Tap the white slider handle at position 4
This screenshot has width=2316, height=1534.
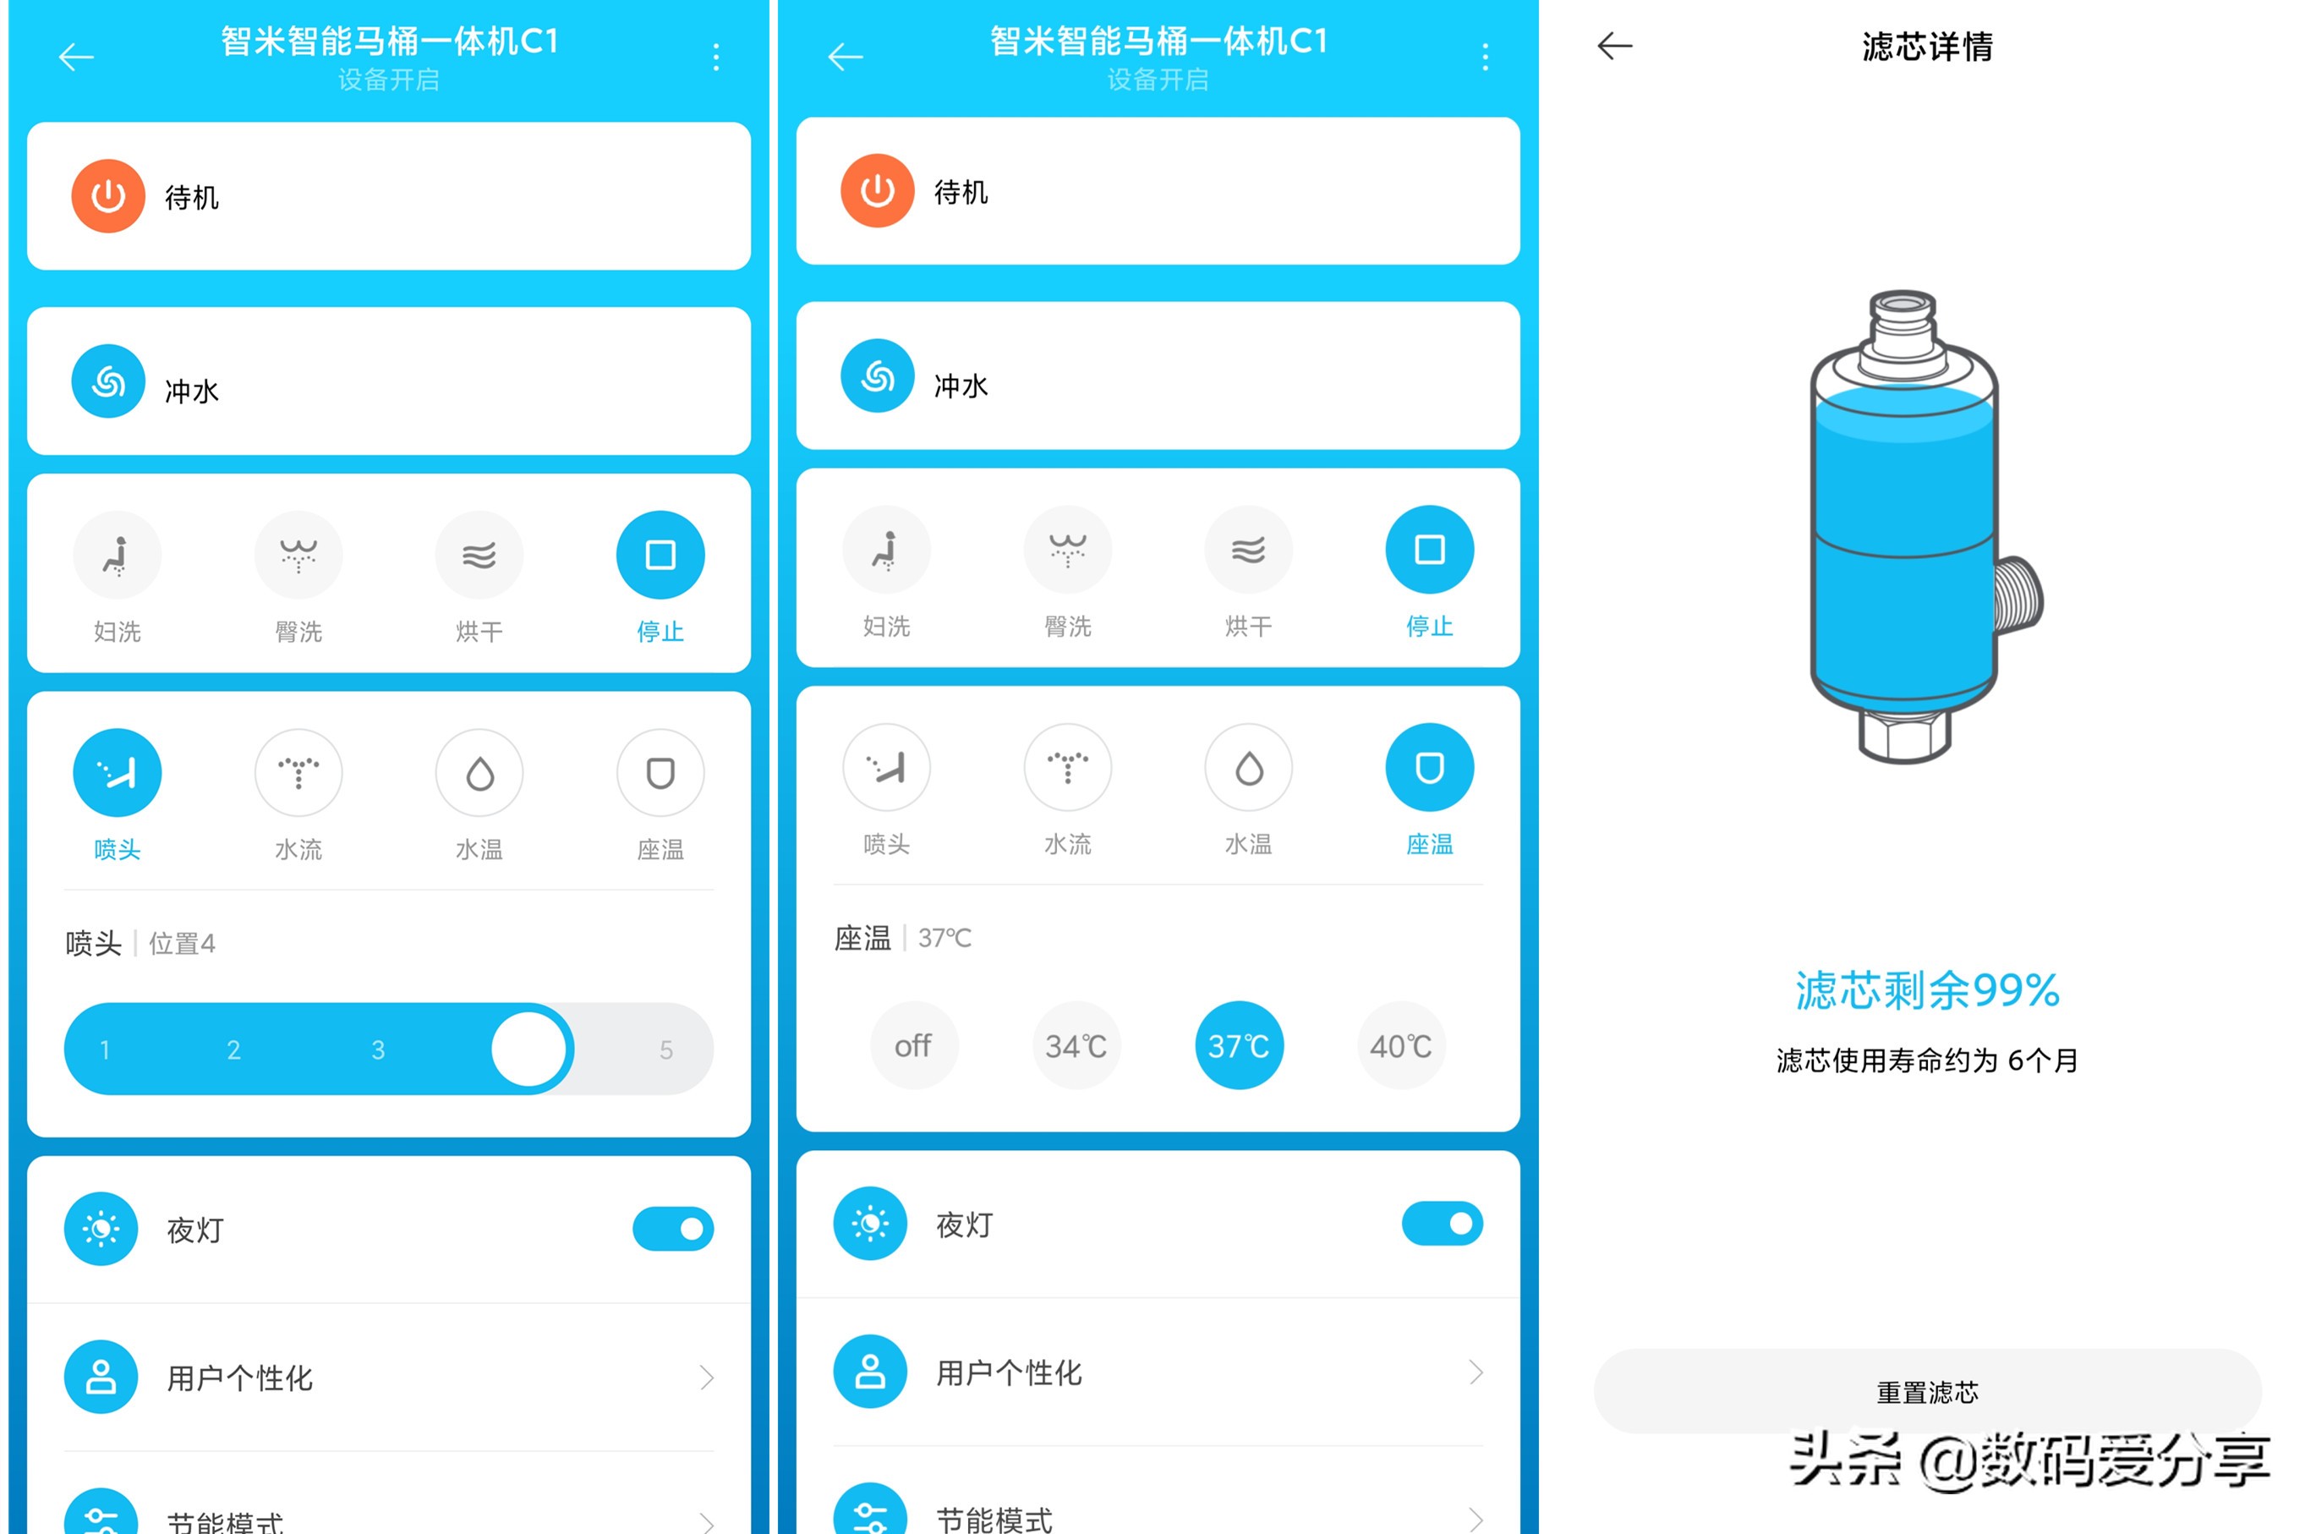click(528, 1049)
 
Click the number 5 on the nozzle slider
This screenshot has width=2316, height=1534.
click(665, 1049)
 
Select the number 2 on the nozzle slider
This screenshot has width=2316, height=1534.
click(233, 1049)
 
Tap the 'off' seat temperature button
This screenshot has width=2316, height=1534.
click(912, 1046)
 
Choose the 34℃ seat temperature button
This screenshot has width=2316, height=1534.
click(1076, 1046)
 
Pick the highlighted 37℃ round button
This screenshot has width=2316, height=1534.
click(1238, 1046)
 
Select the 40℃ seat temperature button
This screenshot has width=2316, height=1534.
click(1400, 1046)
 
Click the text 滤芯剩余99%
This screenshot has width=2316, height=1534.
click(1927, 990)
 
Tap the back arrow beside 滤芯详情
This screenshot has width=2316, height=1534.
click(1615, 46)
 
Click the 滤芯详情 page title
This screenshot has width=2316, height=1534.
click(1927, 46)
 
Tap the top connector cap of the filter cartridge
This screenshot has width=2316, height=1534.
click(1903, 323)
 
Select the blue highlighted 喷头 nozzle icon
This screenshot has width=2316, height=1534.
click(118, 773)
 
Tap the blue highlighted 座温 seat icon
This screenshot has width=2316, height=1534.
click(1429, 768)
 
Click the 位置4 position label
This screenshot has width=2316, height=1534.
click(182, 943)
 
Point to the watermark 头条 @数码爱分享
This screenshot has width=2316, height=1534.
click(2029, 1460)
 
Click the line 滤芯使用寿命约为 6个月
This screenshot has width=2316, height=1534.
click(1927, 1060)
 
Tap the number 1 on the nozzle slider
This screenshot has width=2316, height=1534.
click(105, 1049)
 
